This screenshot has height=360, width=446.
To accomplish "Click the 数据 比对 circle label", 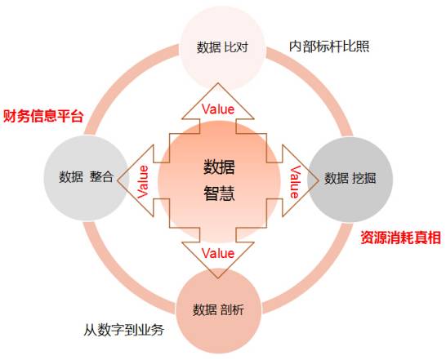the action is pos(222,47).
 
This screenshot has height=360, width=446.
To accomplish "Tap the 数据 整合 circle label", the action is pos(87,176).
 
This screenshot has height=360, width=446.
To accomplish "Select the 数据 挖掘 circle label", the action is pos(350,178).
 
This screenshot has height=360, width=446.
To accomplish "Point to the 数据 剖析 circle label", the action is pos(218,309).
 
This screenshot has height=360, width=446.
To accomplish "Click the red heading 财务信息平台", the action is pos(43,116).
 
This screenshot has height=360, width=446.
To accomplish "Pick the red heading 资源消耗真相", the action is pos(401,238).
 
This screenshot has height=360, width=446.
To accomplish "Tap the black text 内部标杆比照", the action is pos(329,47).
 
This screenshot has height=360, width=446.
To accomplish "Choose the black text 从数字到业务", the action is pos(124,330).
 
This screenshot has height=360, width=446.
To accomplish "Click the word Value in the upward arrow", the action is pos(218,109).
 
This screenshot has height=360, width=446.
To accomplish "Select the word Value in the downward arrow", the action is pos(218,253).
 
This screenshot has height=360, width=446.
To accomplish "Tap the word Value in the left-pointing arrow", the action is pos(143,182).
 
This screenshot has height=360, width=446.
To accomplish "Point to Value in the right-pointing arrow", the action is pos(295,182).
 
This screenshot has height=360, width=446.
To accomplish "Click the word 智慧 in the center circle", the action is pos(219,193).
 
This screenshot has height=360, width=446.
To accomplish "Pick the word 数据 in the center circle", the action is pos(219,167).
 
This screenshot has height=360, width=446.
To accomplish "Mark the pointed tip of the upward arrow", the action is pos(218,83).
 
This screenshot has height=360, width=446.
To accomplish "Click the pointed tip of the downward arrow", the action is pos(218,278).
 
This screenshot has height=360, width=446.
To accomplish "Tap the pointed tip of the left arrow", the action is pos(118,181).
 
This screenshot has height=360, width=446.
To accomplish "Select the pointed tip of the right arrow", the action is pos(319,181).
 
